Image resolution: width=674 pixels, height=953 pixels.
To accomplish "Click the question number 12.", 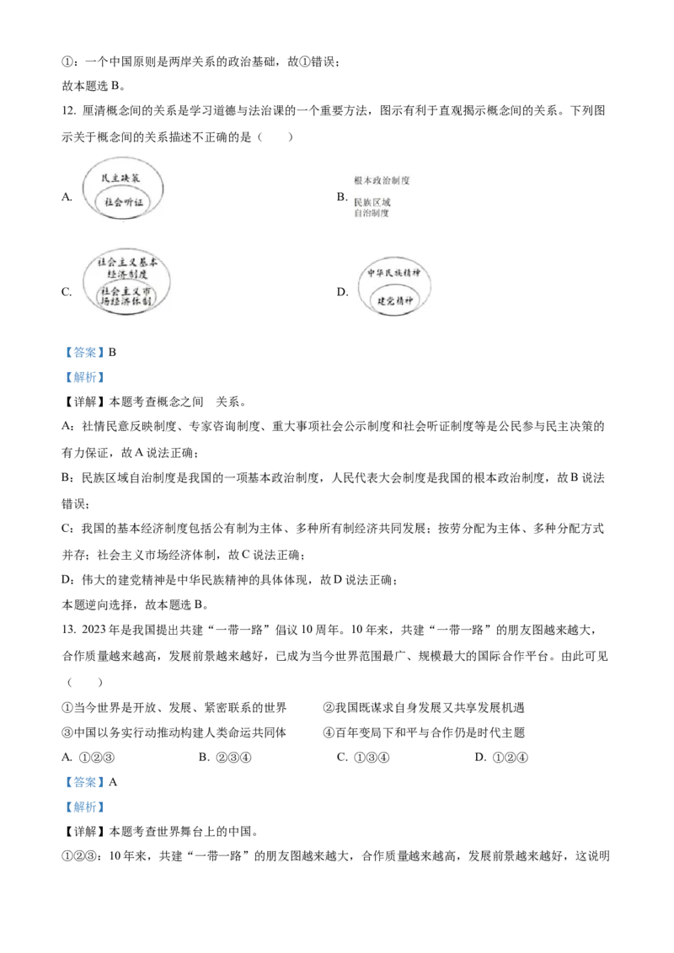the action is [x=69, y=110].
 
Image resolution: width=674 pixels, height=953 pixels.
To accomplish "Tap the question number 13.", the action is [x=69, y=630].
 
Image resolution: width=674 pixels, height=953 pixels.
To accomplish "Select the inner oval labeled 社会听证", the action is [x=124, y=202].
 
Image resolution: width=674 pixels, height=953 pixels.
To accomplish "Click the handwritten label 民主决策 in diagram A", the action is [x=120, y=178].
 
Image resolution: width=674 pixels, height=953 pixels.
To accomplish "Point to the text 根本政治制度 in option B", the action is [x=382, y=180].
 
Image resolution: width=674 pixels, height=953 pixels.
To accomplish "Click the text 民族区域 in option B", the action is [x=372, y=202].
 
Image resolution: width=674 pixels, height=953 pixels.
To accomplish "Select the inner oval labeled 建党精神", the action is [x=395, y=301].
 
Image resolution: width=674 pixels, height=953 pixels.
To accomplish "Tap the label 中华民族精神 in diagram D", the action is [x=394, y=272].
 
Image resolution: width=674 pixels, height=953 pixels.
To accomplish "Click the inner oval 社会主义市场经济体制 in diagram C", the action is [x=126, y=296].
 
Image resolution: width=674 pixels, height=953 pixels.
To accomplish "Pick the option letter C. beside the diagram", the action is [x=67, y=292].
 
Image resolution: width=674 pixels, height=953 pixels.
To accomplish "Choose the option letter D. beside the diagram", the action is [x=342, y=292].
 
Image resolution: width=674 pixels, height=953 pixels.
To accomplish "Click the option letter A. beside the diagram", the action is [x=67, y=196].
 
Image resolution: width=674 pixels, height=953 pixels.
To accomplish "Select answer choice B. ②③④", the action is [x=225, y=758].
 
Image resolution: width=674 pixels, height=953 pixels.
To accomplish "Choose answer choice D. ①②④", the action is [x=501, y=758].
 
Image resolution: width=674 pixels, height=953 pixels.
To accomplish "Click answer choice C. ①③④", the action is [x=363, y=758].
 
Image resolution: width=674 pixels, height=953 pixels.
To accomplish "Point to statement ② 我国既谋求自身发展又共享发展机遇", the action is [x=424, y=707].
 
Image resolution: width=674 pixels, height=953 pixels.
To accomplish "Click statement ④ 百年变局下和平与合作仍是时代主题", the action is [x=424, y=732].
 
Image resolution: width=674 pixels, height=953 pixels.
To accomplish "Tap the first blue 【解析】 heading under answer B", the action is [x=84, y=377].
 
